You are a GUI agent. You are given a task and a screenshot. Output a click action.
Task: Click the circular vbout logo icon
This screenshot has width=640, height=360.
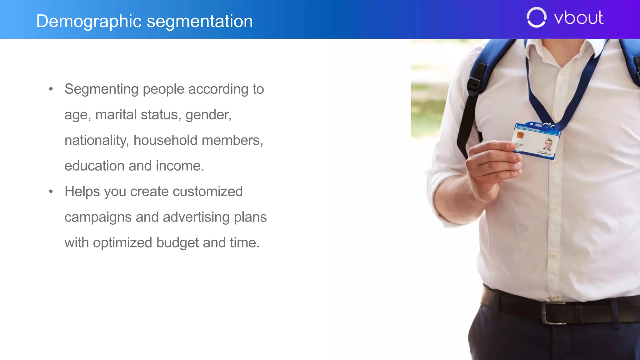(536, 17)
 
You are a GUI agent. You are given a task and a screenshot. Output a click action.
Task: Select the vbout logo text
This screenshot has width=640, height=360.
(578, 17)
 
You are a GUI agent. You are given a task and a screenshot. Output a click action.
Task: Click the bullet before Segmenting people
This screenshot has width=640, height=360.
(51, 89)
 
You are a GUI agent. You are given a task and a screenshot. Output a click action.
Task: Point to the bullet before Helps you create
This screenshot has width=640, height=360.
(51, 192)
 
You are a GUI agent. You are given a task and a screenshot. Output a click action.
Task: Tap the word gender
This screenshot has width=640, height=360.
(208, 115)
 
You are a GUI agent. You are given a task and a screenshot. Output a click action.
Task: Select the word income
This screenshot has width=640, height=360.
(180, 166)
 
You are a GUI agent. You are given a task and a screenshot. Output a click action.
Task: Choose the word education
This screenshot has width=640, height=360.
(94, 166)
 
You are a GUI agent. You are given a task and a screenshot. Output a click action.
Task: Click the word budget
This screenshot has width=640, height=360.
(177, 243)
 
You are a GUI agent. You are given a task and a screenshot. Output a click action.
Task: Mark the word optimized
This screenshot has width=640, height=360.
(122, 243)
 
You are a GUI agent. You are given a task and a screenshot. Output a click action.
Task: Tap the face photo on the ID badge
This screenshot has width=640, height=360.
(548, 144)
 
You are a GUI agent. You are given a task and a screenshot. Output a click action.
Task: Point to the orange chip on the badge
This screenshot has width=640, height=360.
(520, 135)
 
